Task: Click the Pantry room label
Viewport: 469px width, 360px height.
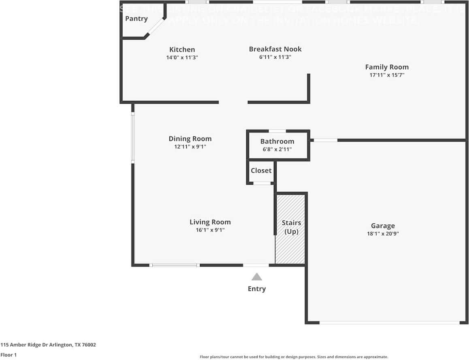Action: tap(136, 19)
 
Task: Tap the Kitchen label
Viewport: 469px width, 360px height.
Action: tap(182, 49)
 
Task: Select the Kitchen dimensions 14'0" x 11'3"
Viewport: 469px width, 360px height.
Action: tap(182, 58)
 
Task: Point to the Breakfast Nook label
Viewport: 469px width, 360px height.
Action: tap(275, 49)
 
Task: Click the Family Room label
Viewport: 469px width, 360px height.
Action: tap(387, 67)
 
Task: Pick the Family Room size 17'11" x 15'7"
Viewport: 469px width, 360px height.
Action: tap(387, 75)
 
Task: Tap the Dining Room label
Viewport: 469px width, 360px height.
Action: tap(190, 138)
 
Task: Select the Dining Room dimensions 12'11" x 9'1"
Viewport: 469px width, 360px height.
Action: tap(190, 147)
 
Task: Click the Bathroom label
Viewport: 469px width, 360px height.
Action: tap(277, 141)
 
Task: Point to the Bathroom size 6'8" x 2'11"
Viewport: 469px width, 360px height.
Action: tap(277, 149)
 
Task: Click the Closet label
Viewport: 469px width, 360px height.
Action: tap(261, 170)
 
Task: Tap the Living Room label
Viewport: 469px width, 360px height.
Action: tap(210, 222)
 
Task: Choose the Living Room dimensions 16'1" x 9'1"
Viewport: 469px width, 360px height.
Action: tap(210, 230)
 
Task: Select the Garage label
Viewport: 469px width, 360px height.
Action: tap(383, 226)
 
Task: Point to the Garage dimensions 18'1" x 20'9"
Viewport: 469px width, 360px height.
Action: tap(383, 234)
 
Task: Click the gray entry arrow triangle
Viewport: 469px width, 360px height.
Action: tap(256, 277)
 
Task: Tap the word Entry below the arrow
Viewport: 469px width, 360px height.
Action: tap(257, 289)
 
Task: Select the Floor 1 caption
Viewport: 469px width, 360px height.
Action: tap(9, 355)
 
